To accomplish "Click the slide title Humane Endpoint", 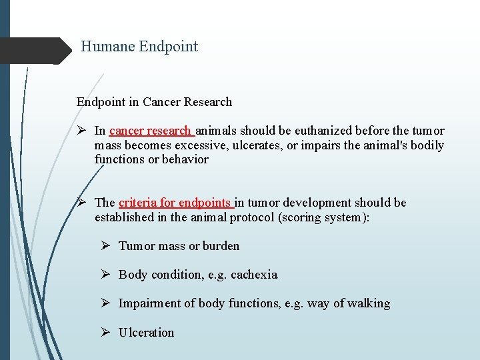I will pos(139,47).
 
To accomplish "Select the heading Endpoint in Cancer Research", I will pos(154,102).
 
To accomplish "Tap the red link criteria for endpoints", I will pos(175,203).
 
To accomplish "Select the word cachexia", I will pos(254,275).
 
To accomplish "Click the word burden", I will pos(221,246).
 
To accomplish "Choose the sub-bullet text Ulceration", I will pos(146,333).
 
